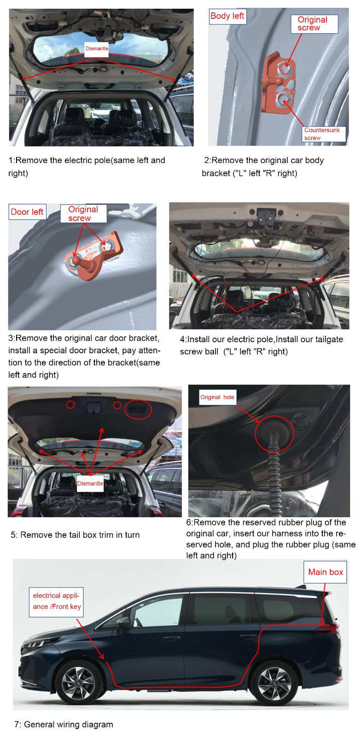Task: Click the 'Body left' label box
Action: tap(227, 16)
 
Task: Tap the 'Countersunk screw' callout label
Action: tap(324, 134)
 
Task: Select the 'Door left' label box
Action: tap(27, 211)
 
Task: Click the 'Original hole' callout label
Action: tap(217, 397)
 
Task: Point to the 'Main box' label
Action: tap(325, 572)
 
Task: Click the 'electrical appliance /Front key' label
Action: tap(56, 602)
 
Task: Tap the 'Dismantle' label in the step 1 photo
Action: tap(97, 49)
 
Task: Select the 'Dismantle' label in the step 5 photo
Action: tap(90, 483)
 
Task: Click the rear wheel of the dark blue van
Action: tap(273, 682)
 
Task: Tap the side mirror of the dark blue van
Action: tap(123, 624)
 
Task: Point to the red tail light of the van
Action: tap(328, 628)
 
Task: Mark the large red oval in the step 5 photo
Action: tap(138, 409)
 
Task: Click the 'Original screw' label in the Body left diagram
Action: tap(314, 24)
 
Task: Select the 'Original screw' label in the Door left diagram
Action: tap(83, 214)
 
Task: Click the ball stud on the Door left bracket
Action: tap(76, 261)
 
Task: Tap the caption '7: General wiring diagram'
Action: tap(64, 724)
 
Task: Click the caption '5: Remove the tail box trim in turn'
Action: tap(75, 535)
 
